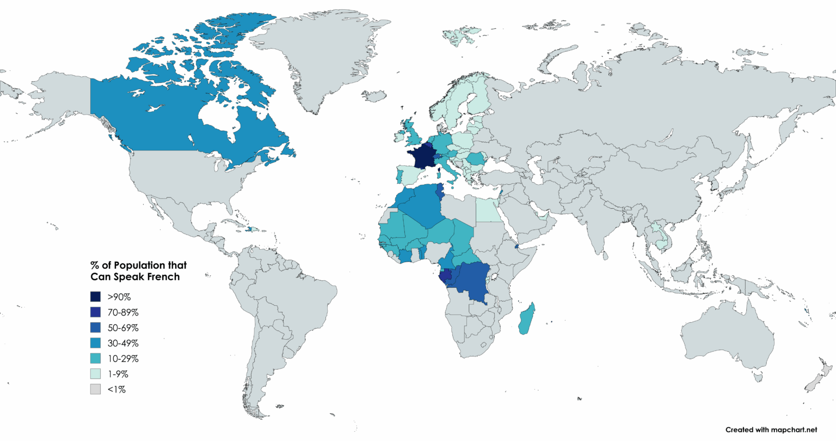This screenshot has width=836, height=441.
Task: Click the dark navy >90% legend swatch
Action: point(96,297)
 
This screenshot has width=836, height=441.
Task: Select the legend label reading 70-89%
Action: point(123,313)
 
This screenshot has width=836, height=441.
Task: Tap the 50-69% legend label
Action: point(123,328)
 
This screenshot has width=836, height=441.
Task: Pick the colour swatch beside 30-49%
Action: point(96,343)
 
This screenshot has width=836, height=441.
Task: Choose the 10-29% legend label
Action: point(123,359)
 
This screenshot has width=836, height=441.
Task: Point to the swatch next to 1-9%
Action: point(96,374)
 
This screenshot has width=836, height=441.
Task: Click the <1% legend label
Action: point(117,390)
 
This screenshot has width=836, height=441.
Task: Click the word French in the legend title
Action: point(162,277)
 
